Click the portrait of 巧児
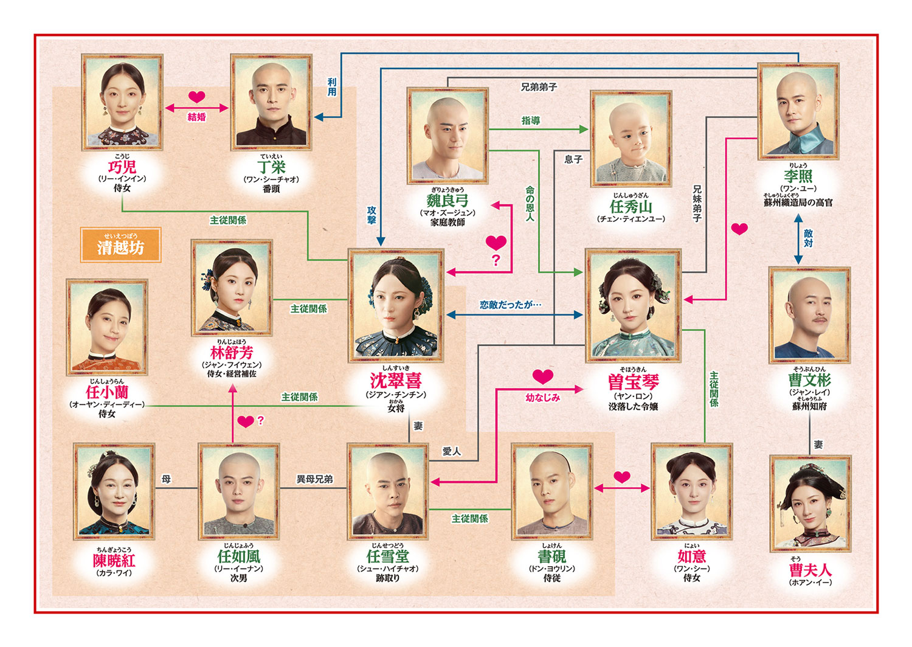(122, 102)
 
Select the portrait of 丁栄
(271, 102)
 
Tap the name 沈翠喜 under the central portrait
(396, 381)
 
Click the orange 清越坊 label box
(120, 245)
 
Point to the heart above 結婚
(196, 97)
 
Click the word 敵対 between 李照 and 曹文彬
(808, 238)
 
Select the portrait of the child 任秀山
(631, 139)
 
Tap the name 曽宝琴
(633, 382)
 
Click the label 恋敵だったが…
(511, 305)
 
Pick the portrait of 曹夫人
(810, 503)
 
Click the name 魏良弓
(447, 200)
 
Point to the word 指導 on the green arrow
(531, 120)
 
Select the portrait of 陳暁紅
(114, 491)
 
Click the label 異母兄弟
(314, 479)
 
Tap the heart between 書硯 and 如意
(622, 477)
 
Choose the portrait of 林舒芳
(232, 288)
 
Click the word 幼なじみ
(543, 398)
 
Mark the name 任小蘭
(107, 392)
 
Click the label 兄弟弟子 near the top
(539, 87)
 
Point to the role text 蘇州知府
(809, 406)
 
